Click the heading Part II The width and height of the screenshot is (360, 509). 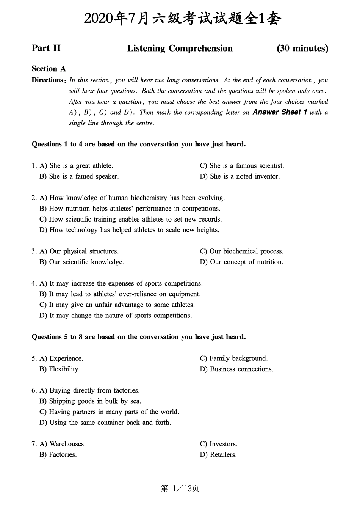[x=46, y=49]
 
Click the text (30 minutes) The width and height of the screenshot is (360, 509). [x=302, y=49]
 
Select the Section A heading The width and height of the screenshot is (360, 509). [x=49, y=69]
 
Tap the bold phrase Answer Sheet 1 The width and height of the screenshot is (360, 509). [x=280, y=112]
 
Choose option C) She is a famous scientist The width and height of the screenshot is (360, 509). [x=242, y=166]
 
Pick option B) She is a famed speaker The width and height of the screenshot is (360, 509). [x=79, y=176]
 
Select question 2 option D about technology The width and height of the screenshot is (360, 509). [x=129, y=230]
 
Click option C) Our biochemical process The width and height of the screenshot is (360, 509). [x=241, y=251]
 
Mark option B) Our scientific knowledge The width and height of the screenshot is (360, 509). [x=81, y=262]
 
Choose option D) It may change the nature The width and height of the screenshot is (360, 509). [x=116, y=316]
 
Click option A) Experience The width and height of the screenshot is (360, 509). [x=61, y=358]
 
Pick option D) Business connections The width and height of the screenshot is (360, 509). [x=236, y=369]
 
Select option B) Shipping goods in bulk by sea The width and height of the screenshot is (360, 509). [x=90, y=401]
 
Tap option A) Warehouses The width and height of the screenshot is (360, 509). [x=63, y=444]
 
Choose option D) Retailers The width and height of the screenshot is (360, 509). [x=218, y=455]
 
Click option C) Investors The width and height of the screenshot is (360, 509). [x=219, y=444]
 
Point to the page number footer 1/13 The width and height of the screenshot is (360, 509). [x=180, y=489]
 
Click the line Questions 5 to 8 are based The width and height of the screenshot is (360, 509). [x=138, y=337]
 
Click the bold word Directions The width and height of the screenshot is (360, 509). [x=47, y=80]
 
